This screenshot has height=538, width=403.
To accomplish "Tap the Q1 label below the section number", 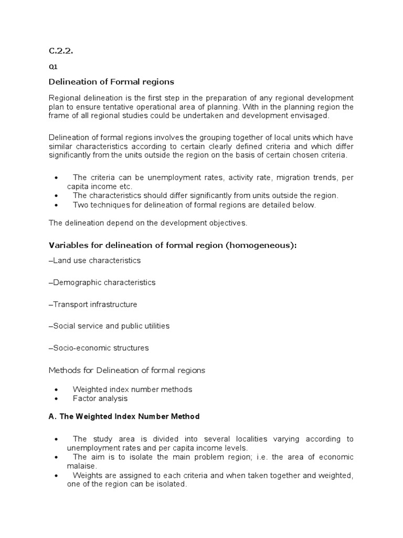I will [52, 67].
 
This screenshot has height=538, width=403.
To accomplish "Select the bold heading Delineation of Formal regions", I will [111, 82].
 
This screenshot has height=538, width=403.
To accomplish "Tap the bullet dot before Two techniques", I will [56, 205].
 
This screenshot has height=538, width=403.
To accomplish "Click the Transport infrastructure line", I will [93, 304].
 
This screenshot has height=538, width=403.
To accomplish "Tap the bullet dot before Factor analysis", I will [56, 399].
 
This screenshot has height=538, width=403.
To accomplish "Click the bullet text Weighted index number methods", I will [132, 389].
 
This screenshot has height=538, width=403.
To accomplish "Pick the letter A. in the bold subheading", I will [52, 417].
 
